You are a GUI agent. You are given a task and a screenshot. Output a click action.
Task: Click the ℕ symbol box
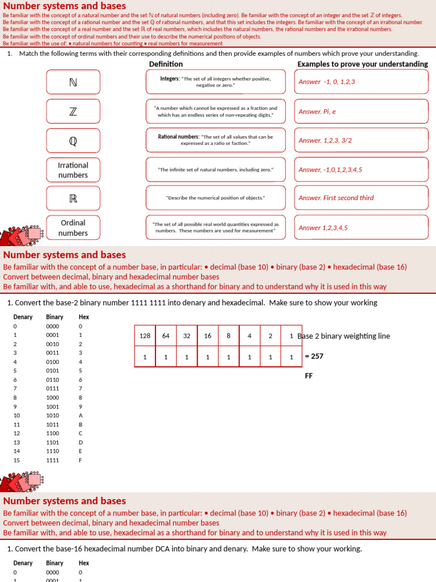point(73,82)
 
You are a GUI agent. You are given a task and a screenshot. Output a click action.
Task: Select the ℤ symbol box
point(73,111)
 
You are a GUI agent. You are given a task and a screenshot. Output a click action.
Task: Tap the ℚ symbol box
point(73,140)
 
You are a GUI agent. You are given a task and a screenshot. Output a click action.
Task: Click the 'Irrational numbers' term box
point(73,170)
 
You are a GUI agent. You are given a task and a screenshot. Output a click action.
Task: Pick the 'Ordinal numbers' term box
point(73,228)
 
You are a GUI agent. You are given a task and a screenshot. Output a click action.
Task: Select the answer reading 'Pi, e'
point(361,111)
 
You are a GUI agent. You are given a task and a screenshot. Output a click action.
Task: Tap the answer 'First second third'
point(361,198)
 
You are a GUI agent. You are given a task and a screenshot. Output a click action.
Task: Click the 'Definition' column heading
point(166,64)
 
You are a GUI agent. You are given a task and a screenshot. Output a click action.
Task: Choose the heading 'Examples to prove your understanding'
point(362,64)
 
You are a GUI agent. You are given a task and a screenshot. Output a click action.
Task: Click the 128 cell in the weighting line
point(145,336)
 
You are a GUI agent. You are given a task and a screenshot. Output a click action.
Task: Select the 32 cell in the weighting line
point(187,336)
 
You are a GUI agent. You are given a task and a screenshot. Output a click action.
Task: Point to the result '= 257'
point(314,356)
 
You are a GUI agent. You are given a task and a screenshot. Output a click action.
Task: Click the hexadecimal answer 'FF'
point(309,376)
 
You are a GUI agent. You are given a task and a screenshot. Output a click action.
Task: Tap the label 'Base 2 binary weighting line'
point(344,336)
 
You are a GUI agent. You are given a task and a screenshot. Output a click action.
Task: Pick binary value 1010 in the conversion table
point(52,415)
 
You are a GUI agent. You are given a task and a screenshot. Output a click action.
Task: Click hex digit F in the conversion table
point(81,460)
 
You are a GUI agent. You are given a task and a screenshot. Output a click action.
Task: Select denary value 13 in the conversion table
point(16,442)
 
